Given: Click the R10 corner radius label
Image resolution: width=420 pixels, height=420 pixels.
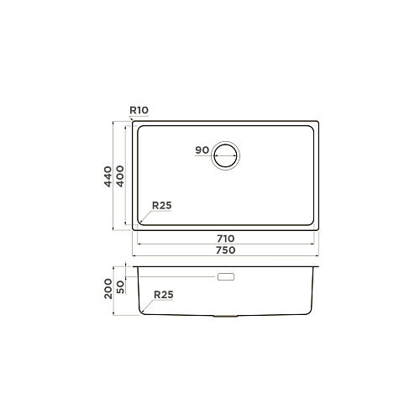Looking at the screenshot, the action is click(139, 110).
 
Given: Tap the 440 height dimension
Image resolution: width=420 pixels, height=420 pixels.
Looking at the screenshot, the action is click(108, 176).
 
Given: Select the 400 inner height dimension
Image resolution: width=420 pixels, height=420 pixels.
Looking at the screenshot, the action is click(120, 176).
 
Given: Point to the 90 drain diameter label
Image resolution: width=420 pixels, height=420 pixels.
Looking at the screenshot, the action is click(202, 150).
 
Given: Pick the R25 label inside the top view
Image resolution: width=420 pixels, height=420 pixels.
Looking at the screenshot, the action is click(161, 206).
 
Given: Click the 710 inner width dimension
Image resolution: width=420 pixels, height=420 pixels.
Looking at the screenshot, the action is click(226, 239).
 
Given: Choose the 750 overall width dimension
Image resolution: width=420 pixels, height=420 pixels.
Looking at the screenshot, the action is click(226, 250).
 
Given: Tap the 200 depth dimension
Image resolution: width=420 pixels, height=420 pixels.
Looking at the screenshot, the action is click(108, 289).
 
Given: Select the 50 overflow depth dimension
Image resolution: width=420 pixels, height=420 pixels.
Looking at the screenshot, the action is click(120, 287).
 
